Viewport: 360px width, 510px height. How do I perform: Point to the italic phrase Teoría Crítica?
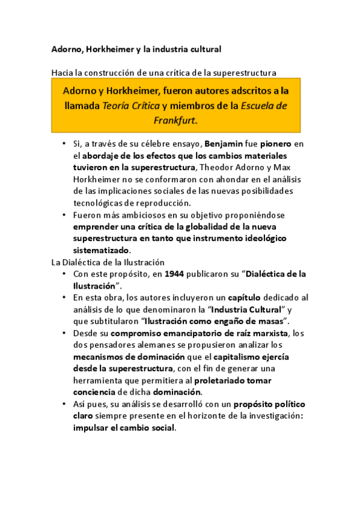click(x=132, y=105)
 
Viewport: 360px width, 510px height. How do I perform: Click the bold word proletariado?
click(x=224, y=380)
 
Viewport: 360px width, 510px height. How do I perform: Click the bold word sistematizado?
click(x=101, y=250)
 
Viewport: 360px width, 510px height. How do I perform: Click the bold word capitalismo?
click(x=246, y=357)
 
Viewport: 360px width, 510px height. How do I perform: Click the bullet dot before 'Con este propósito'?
click(x=65, y=274)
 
